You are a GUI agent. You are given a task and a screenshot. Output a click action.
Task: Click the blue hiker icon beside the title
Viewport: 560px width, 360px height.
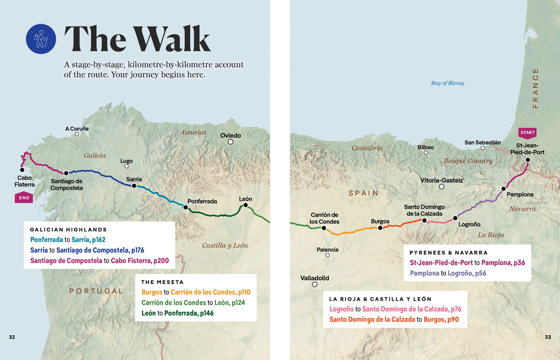(41, 39)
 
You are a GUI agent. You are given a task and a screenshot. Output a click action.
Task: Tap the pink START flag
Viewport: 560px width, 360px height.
(527, 133)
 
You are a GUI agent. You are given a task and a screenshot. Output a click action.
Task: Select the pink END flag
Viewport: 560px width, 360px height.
(24, 198)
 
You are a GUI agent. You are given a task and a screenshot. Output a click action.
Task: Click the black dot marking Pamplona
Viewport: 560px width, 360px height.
(503, 189)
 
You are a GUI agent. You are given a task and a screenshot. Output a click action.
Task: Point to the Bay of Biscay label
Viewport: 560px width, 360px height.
(447, 83)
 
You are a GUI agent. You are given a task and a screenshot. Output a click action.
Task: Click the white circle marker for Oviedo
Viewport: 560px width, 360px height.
(231, 142)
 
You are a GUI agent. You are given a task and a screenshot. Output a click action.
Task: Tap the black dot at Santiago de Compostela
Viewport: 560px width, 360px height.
(66, 173)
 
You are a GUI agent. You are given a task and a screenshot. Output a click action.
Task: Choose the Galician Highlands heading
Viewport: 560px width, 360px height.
(68, 229)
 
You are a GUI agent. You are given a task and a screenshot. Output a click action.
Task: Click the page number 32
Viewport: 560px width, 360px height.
(12, 337)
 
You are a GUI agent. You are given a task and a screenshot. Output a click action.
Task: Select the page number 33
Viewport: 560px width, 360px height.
(548, 337)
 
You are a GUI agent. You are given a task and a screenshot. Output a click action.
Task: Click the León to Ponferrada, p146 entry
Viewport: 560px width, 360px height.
(177, 313)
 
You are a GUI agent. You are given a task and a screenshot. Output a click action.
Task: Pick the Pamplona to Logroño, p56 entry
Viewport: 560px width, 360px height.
(448, 273)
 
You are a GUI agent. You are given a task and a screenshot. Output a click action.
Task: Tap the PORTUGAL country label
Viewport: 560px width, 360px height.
(96, 291)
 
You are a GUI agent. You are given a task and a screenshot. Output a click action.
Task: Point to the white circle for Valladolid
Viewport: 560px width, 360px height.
(315, 284)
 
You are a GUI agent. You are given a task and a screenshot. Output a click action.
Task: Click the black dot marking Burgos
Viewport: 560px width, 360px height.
(380, 228)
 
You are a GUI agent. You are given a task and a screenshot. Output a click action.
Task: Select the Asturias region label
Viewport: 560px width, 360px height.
(193, 132)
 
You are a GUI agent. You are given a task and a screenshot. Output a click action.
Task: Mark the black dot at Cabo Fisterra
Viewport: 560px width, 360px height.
(22, 170)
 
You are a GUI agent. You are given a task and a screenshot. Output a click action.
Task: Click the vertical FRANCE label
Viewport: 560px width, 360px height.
(535, 88)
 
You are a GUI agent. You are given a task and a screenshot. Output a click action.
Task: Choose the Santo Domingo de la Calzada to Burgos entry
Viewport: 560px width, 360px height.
(394, 319)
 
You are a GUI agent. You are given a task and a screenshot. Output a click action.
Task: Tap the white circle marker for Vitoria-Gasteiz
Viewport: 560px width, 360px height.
(441, 187)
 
